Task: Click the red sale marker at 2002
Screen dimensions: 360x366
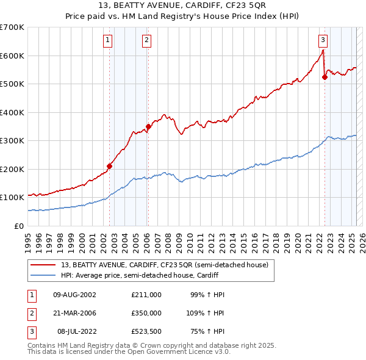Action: (x=110, y=166)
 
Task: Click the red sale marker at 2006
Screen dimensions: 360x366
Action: (x=148, y=127)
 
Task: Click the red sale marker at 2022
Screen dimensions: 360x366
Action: (x=325, y=77)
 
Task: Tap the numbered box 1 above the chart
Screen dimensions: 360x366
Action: (x=108, y=41)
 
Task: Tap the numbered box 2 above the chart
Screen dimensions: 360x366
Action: (x=147, y=41)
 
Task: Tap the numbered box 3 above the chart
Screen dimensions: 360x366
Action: (x=323, y=41)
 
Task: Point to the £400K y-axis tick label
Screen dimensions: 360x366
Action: (x=12, y=112)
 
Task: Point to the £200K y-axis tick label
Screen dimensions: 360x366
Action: (x=12, y=169)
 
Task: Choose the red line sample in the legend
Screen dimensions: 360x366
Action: (x=43, y=265)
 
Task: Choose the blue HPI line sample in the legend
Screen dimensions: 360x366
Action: (x=43, y=276)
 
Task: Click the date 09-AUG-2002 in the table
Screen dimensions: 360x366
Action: (x=75, y=295)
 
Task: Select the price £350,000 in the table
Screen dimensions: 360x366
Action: (x=146, y=313)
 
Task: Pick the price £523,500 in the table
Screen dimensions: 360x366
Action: (x=146, y=331)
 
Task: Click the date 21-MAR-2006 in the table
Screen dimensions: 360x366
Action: (x=75, y=313)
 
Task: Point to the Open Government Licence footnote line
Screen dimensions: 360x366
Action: (x=129, y=352)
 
